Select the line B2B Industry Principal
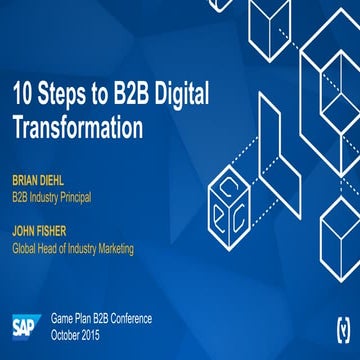pyautogui.click(x=51, y=197)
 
